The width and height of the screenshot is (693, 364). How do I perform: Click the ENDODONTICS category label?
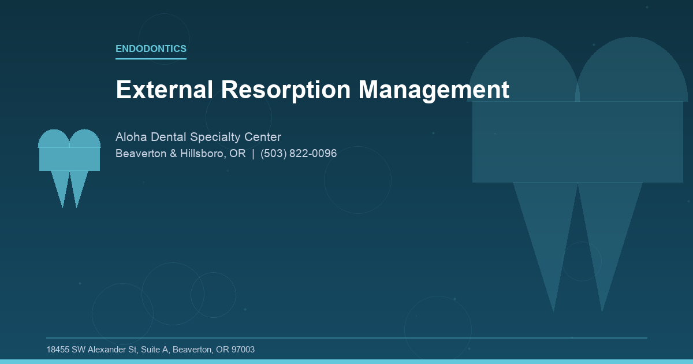151,49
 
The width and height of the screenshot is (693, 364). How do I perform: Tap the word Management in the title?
434,90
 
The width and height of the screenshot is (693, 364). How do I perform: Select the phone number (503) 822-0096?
299,154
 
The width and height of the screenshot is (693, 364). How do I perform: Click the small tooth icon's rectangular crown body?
69,159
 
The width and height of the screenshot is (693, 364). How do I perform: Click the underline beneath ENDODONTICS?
151,58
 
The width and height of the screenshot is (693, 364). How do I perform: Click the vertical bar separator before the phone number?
253,154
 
